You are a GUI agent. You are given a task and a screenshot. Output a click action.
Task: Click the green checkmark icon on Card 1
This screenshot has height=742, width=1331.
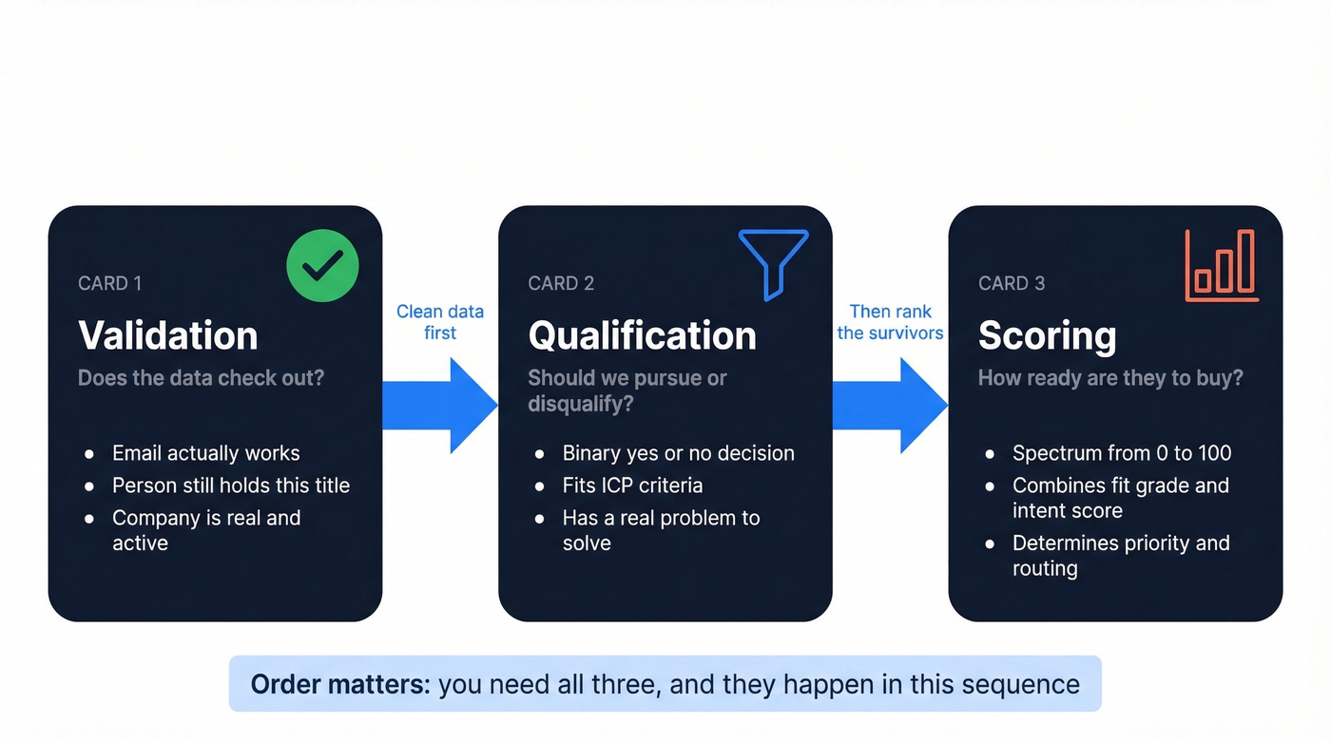(322, 266)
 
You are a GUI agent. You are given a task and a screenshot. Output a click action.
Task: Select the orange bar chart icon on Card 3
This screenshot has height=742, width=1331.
(1222, 266)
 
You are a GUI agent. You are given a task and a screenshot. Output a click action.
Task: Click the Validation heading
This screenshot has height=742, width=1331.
(168, 335)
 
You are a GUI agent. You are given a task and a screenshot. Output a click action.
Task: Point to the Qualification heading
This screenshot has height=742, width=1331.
(642, 335)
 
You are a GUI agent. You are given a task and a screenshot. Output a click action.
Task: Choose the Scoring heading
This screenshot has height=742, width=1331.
(1048, 335)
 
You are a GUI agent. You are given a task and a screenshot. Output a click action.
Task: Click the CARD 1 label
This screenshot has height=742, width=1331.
(109, 283)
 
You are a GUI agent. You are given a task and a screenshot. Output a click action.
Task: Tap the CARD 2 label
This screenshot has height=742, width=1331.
(561, 283)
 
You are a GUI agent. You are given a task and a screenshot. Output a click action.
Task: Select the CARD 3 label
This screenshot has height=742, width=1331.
(1012, 283)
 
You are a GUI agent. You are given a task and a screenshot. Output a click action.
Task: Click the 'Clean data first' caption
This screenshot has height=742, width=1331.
(440, 322)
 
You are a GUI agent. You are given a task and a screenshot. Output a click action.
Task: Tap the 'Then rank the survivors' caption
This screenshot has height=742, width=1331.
(890, 322)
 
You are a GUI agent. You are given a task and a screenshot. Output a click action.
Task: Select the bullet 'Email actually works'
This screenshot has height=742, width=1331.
(205, 453)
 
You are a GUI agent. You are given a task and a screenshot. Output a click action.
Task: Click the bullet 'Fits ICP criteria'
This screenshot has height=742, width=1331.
(632, 485)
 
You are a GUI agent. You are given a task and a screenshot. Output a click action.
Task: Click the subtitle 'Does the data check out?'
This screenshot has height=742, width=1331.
(201, 378)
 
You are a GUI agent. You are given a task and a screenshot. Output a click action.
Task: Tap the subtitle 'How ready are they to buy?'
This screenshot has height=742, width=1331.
(1110, 378)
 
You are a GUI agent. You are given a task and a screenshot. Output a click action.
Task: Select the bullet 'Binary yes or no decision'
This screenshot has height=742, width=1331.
(678, 453)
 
